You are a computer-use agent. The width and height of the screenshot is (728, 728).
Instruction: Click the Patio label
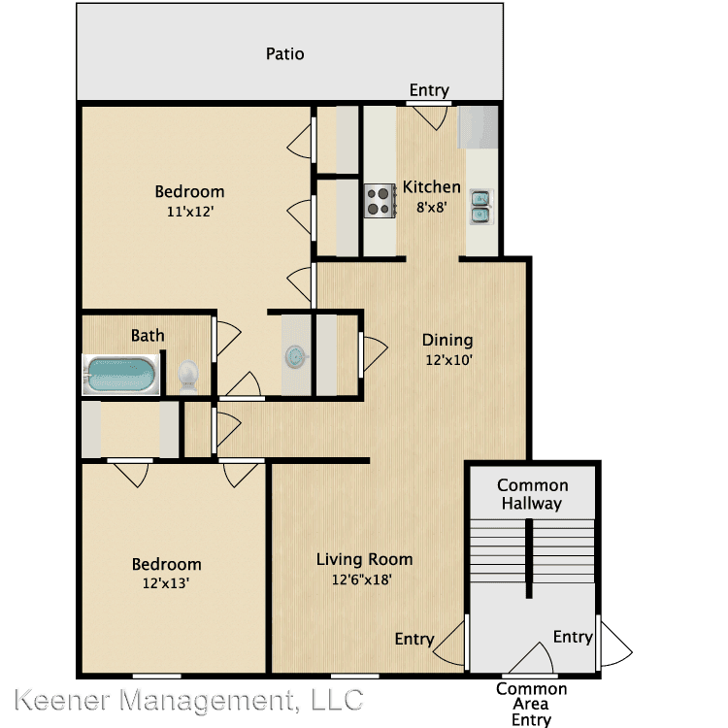[x=285, y=53]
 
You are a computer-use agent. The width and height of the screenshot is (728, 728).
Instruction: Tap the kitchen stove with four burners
[x=381, y=201]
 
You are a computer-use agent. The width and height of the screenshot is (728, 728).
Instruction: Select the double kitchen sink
[x=481, y=207]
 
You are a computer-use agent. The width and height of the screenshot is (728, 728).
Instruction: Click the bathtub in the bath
[x=121, y=375]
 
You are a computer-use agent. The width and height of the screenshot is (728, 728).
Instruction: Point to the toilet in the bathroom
[x=188, y=376]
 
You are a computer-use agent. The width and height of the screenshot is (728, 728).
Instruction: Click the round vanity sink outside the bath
[x=296, y=356]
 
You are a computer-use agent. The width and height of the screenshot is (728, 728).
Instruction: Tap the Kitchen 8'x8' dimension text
[x=431, y=207]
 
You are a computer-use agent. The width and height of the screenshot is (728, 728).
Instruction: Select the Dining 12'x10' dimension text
[x=449, y=360]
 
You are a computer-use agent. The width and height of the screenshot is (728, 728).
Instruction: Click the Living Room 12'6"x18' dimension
[x=362, y=579]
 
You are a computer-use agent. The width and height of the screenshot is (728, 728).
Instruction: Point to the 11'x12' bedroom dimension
[x=190, y=212]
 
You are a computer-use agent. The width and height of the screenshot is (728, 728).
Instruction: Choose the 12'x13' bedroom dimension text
[x=166, y=583]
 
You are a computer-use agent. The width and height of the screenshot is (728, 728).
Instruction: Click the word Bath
[x=148, y=335]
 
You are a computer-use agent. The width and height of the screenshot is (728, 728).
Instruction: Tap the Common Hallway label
[x=533, y=494]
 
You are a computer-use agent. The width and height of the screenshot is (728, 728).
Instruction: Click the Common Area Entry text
[x=532, y=704]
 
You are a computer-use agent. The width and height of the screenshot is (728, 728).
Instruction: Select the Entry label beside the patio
[x=429, y=90]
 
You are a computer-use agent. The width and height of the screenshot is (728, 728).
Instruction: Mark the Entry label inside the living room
[x=414, y=640]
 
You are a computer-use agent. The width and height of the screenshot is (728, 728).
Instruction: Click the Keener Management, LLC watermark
[x=189, y=700]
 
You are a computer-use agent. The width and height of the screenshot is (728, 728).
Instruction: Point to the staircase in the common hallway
[x=532, y=551]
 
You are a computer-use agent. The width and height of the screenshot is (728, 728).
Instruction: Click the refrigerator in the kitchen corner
[x=478, y=127]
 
